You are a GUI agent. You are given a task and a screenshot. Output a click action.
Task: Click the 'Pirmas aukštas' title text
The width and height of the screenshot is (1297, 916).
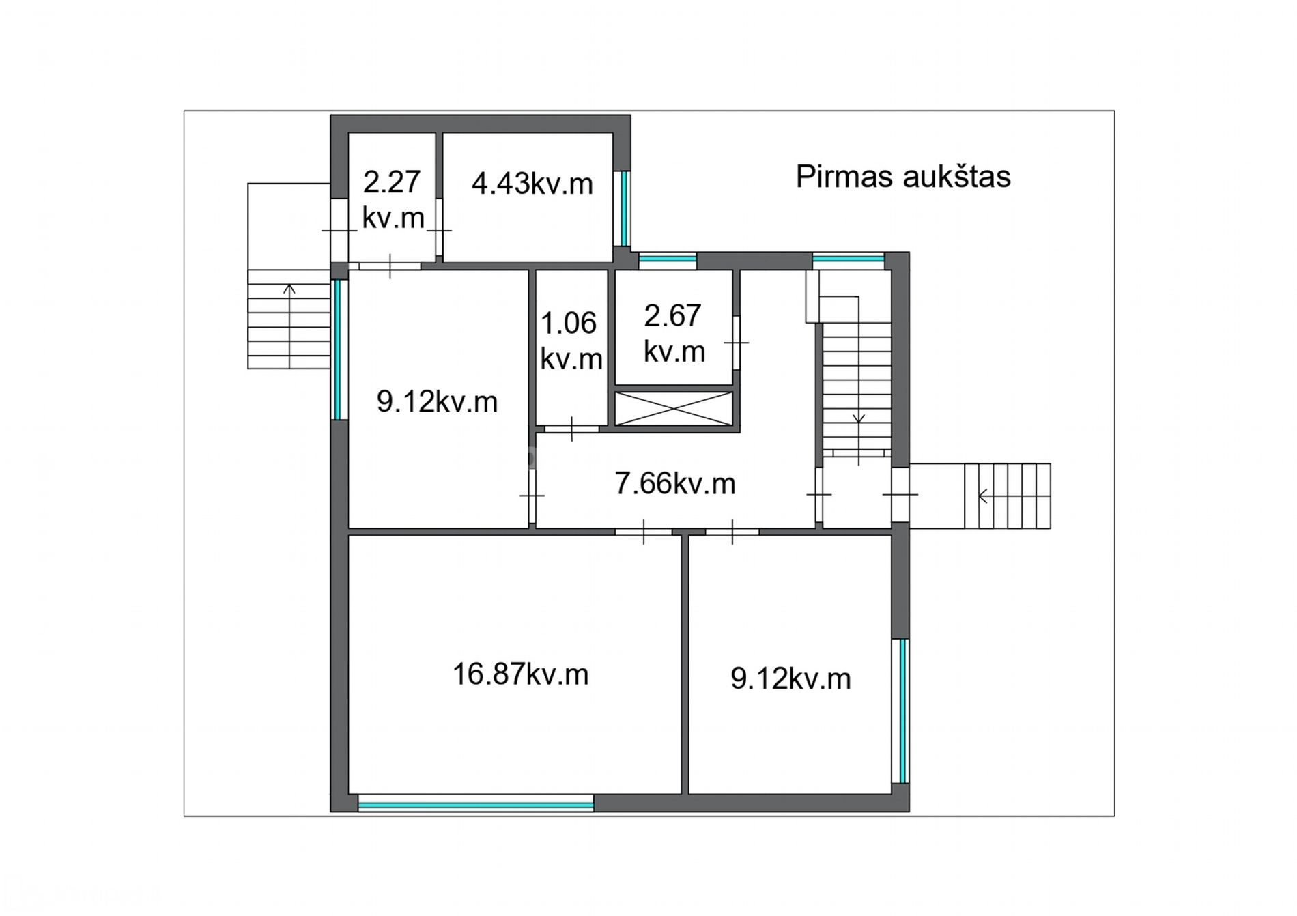pyautogui.click(x=902, y=177)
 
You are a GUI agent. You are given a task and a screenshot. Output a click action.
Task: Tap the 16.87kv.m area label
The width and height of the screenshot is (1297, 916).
pyautogui.click(x=520, y=674)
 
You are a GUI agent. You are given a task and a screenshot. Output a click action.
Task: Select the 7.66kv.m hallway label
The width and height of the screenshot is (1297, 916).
pyautogui.click(x=675, y=484)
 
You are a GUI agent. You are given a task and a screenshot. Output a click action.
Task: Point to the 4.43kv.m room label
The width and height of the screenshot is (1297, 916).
pyautogui.click(x=532, y=184)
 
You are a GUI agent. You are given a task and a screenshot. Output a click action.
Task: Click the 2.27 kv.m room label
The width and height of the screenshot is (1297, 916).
pyautogui.click(x=393, y=200)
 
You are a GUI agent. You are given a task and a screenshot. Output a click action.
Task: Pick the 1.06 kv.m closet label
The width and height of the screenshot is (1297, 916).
pyautogui.click(x=571, y=341)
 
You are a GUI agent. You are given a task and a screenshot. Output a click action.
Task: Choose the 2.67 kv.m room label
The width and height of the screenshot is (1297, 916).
pyautogui.click(x=674, y=334)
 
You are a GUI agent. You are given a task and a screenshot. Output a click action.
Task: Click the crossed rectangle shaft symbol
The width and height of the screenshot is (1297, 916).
pyautogui.click(x=674, y=408)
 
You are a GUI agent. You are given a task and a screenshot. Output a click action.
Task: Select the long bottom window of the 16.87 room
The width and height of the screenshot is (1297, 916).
pyautogui.click(x=476, y=806)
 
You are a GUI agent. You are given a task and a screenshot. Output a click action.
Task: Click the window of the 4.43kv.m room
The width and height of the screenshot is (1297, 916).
pyautogui.click(x=623, y=208)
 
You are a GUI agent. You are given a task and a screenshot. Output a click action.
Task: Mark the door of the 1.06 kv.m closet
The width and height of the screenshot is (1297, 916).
pyautogui.click(x=572, y=429)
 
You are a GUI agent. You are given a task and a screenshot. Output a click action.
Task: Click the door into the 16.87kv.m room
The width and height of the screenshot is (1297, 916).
pyautogui.click(x=644, y=532)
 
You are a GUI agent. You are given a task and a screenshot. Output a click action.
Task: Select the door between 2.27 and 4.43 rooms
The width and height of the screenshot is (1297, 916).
pyautogui.click(x=440, y=231)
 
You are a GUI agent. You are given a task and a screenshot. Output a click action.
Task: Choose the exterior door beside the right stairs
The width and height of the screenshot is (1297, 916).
pyautogui.click(x=900, y=494)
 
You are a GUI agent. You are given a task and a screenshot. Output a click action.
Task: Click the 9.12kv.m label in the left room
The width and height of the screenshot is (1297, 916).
pyautogui.click(x=437, y=402)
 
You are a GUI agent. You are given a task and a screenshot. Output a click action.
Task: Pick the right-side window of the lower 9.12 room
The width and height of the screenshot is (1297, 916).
pyautogui.click(x=901, y=711)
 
